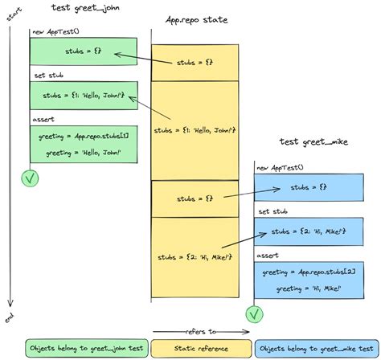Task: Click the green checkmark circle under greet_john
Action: [x=31, y=178]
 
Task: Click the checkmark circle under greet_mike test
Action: [x=255, y=312]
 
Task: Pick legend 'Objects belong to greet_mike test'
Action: [x=317, y=349]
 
